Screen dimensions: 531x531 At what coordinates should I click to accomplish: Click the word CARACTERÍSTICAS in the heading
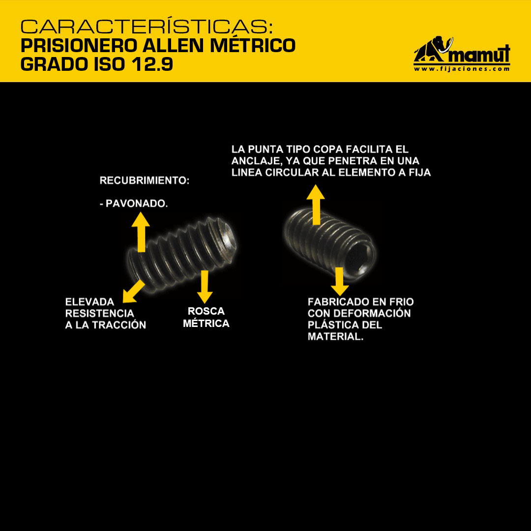pos(147,26)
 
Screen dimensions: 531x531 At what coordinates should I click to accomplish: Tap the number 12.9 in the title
pos(153,64)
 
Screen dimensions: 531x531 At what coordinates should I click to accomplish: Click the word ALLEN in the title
pos(173,46)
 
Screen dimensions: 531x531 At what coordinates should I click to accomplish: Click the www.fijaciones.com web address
pos(462,69)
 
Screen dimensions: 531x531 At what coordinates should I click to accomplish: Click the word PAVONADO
pos(137,204)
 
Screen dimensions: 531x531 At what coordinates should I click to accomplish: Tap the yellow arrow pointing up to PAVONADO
pos(141,232)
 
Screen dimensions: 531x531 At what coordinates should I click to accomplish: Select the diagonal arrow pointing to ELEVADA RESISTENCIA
pos(133,291)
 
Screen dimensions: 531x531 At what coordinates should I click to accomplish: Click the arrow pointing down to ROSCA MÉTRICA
pos(205,287)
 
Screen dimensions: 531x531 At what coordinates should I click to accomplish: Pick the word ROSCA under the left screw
pos(206,311)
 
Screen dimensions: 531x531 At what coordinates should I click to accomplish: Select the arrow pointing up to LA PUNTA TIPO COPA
pos(316,205)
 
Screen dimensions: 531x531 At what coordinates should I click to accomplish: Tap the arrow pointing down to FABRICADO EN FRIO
pos(340,281)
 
